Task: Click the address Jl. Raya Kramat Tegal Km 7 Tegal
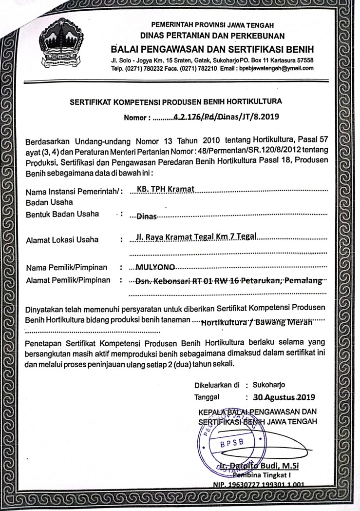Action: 197,238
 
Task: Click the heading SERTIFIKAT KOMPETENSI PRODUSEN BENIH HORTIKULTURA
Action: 176,102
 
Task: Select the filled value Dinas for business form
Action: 147,215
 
